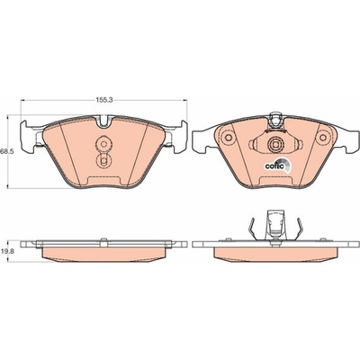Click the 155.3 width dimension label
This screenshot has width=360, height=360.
(103, 100)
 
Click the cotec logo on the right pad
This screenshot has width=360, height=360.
(278, 166)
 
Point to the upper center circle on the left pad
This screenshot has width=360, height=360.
(103, 144)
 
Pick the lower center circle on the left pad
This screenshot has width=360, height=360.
(103, 162)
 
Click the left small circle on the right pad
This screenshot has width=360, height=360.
(228, 138)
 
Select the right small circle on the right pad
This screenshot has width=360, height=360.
(323, 138)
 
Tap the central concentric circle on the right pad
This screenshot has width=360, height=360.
(274, 145)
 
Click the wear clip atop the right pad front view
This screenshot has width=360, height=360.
(275, 121)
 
